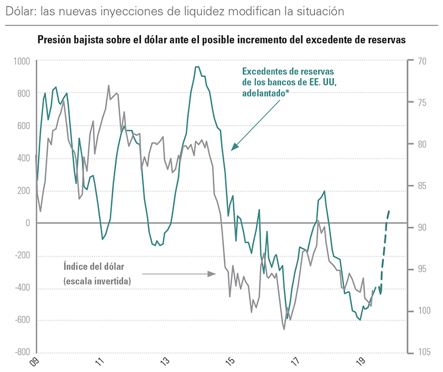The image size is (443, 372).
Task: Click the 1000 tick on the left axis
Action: pyautogui.click(x=21, y=61)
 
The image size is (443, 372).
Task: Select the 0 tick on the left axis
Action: pyautogui.click(x=27, y=223)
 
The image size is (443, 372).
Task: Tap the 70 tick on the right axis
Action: pyautogui.click(x=422, y=61)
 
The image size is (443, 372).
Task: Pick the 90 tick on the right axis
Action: pyautogui.click(x=422, y=227)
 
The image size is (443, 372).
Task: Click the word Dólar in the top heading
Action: pyautogui.click(x=19, y=11)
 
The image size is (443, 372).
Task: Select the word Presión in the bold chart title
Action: pyautogui.click(x=56, y=40)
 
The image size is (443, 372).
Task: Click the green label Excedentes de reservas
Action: pyautogui.click(x=288, y=71)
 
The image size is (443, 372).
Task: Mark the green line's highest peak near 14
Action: pyautogui.click(x=197, y=67)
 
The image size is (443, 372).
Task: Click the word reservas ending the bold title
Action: pyautogui.click(x=386, y=40)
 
